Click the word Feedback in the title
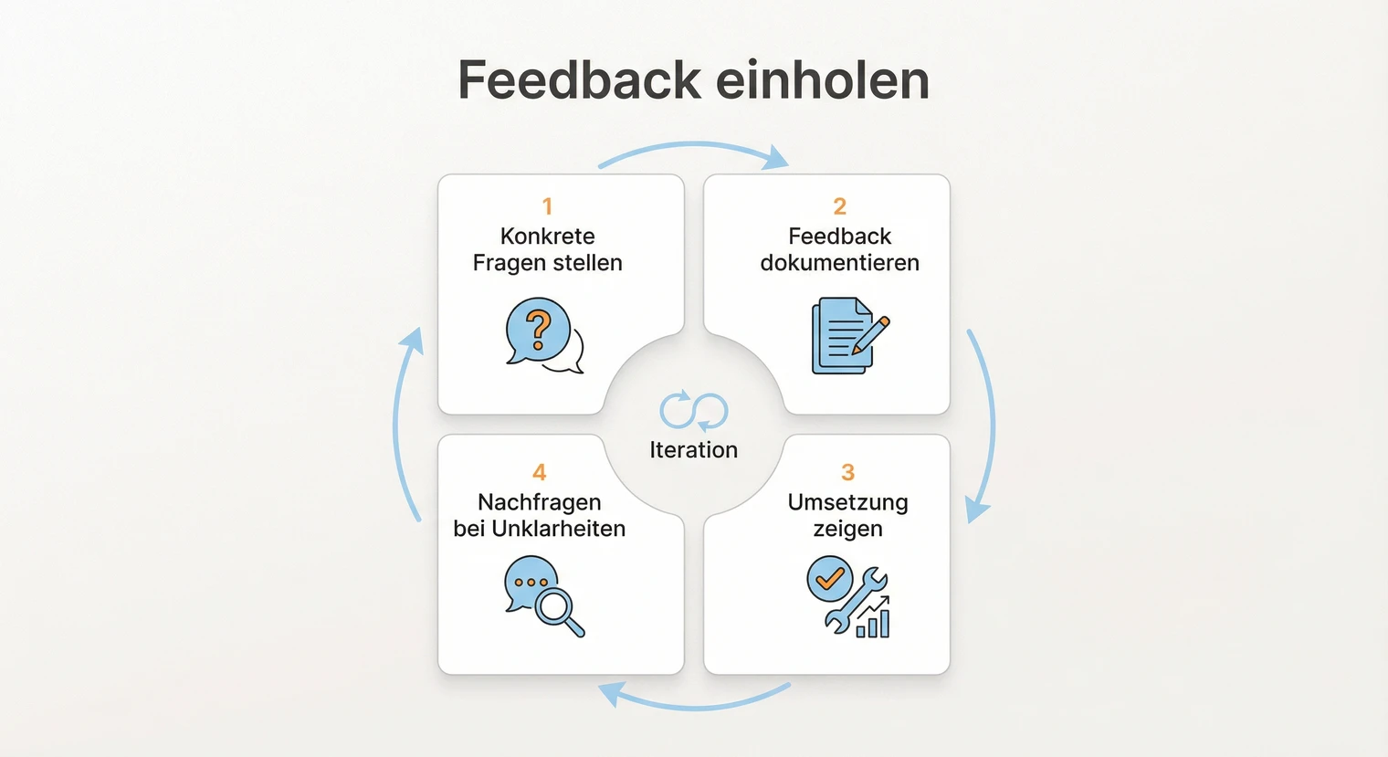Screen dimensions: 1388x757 [x=578, y=80]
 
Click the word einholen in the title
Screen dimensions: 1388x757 [x=823, y=80]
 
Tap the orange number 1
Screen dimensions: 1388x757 [x=547, y=206]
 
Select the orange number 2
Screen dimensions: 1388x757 [x=840, y=206]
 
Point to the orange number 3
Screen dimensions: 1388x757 [x=847, y=472]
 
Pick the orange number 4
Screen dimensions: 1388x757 [x=540, y=472]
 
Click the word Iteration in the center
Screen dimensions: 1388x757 [x=694, y=450]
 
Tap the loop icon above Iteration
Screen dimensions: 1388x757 [x=694, y=411]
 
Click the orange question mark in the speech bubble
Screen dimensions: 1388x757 [x=539, y=329]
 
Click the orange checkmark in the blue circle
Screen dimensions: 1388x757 [x=830, y=578]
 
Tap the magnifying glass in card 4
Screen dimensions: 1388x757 [x=558, y=608]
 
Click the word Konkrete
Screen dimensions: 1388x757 [x=548, y=237]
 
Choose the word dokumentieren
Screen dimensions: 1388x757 [x=840, y=263]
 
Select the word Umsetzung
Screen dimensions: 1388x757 [x=847, y=502]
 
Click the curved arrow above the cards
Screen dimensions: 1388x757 [x=694, y=148]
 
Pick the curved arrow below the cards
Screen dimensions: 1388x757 [x=694, y=702]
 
